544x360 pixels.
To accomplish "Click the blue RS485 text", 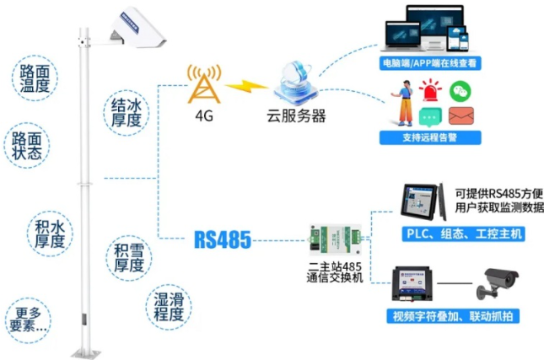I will click(x=223, y=240).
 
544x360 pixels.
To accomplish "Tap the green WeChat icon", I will click(x=458, y=89).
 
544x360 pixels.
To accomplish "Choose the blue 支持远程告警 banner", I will click(x=430, y=137).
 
